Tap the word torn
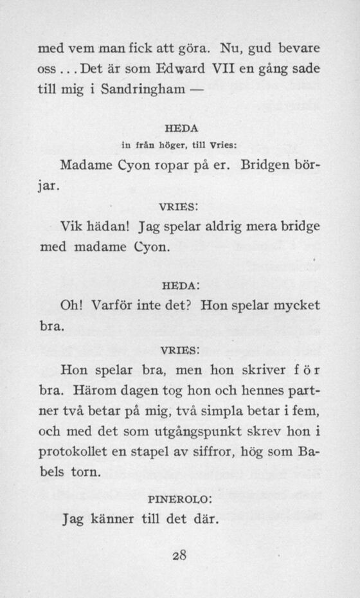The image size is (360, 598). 85,472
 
